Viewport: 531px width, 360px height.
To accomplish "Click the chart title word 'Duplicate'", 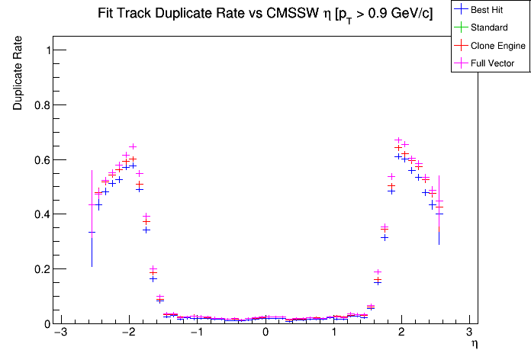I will tap(173, 14).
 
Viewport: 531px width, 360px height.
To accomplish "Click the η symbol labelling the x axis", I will tap(475, 345).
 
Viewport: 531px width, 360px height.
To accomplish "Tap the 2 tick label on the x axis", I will tap(401, 333).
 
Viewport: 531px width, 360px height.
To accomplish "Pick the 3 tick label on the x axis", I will tap(469, 333).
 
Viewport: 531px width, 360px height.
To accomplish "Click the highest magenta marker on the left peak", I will tap(133, 146).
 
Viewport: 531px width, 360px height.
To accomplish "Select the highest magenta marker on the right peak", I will tap(398, 140).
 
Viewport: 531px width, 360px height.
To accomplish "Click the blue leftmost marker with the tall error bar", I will tap(92, 232).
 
